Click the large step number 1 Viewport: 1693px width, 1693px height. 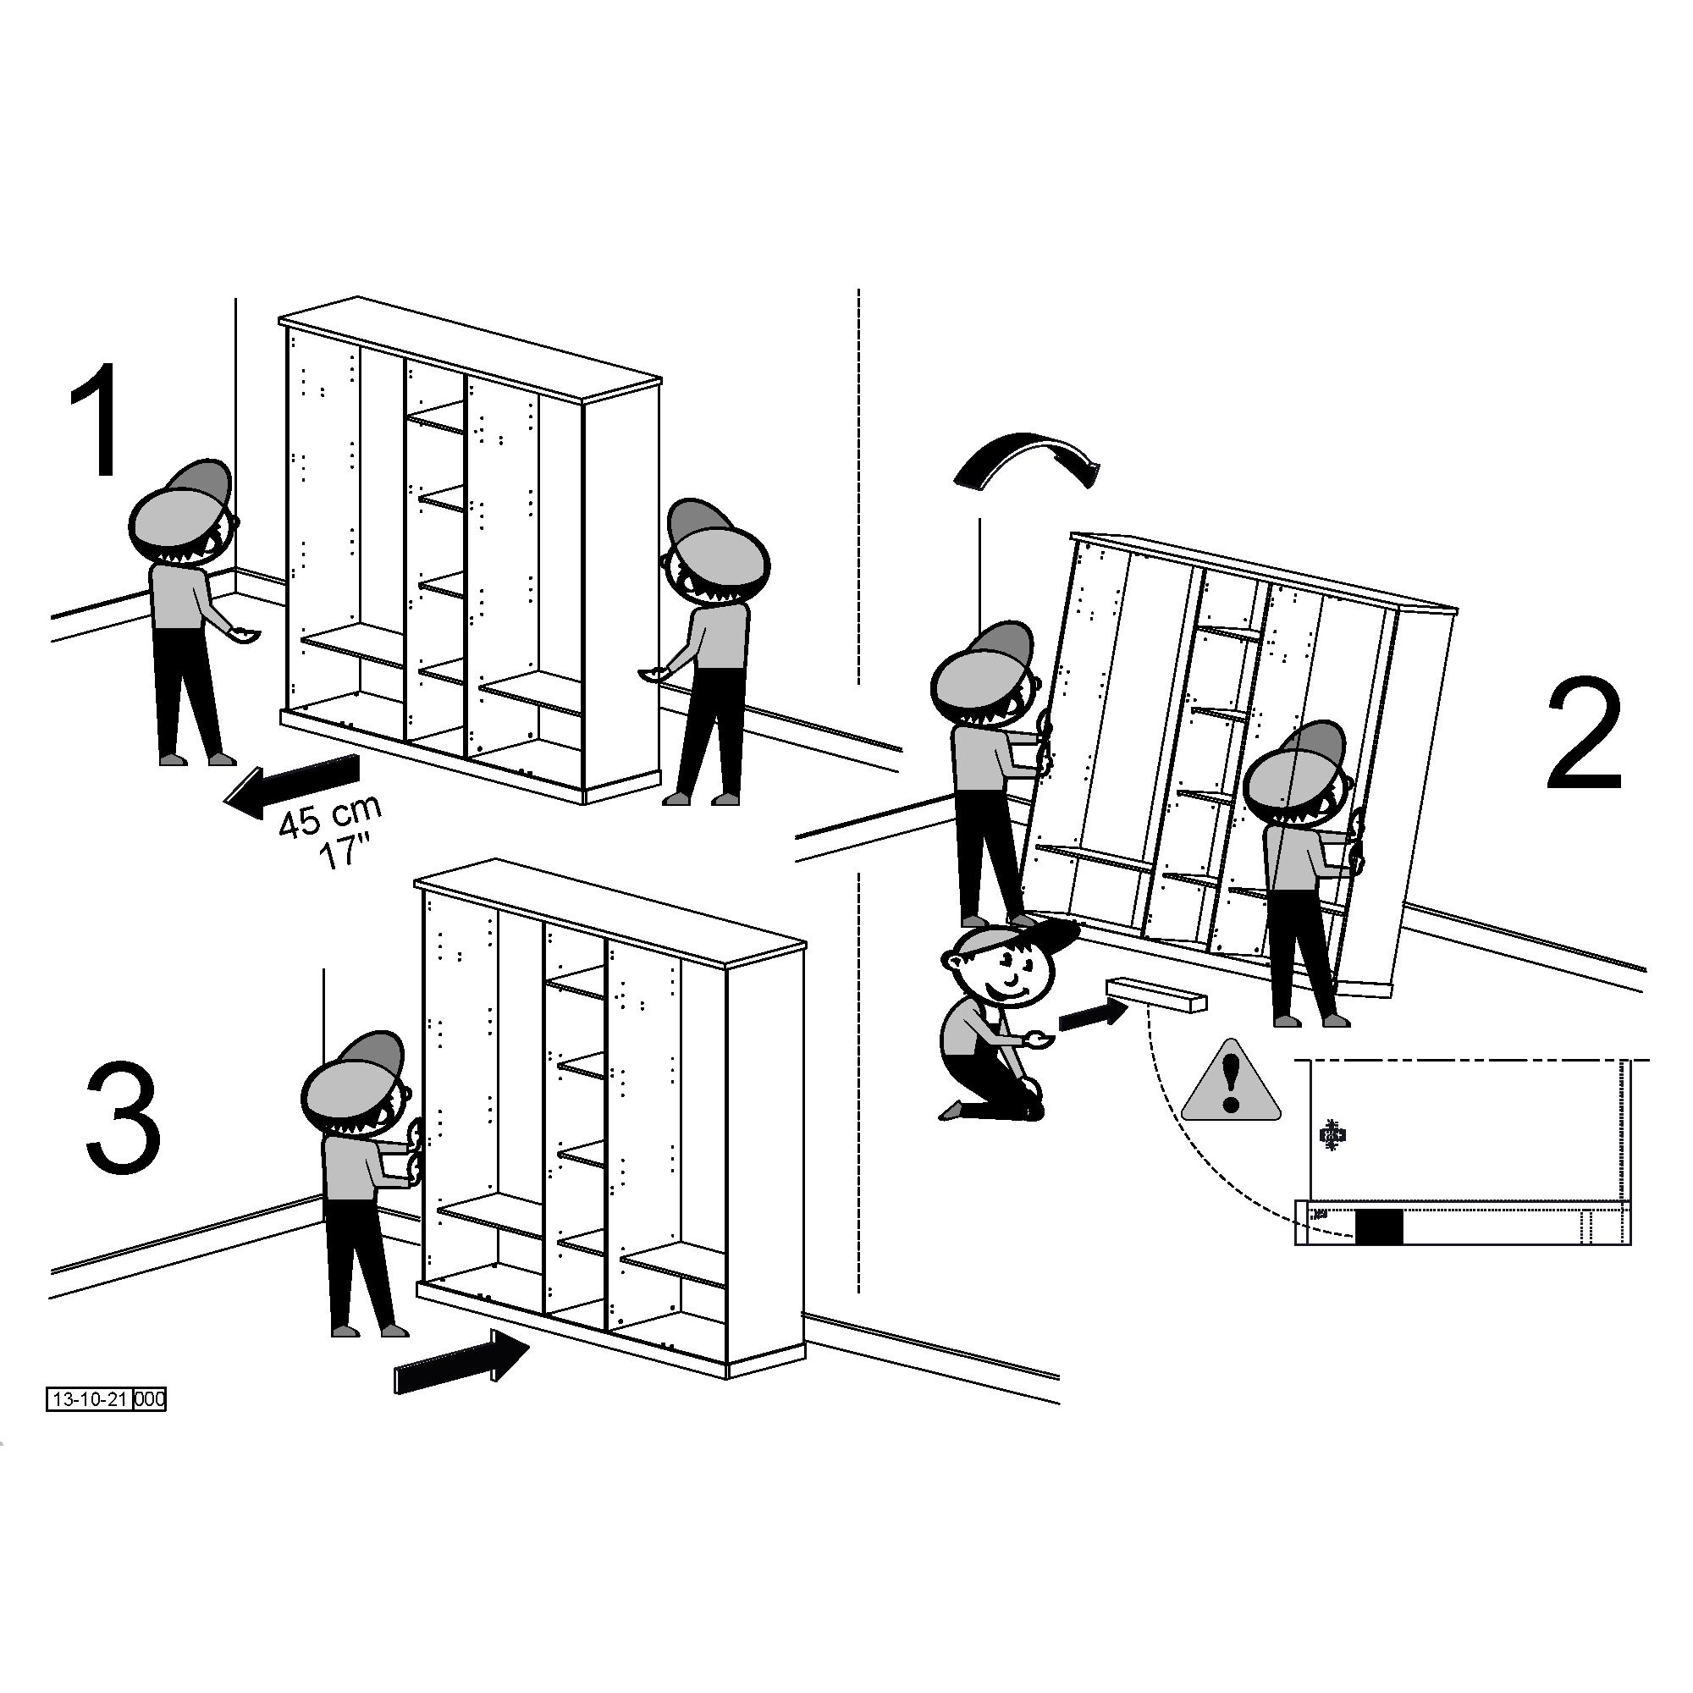coord(97,420)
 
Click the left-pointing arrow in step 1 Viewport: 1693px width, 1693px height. coord(292,786)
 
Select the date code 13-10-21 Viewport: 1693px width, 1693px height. coord(90,1399)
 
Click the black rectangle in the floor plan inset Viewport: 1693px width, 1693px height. coord(1378,1226)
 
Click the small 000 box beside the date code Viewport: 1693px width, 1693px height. coord(150,1399)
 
